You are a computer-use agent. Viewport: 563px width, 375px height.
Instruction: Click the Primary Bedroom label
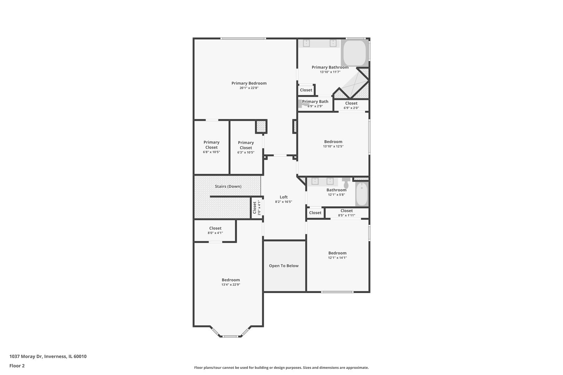(x=249, y=83)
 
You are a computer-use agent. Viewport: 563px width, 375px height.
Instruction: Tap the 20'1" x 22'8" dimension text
(x=249, y=88)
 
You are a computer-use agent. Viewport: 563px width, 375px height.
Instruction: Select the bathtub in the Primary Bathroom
(x=355, y=53)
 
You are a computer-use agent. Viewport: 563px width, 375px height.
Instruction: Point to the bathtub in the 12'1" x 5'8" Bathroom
(x=362, y=194)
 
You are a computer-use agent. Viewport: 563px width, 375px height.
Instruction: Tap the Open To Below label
(x=284, y=266)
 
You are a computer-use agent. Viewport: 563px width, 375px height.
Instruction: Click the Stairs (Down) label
(x=228, y=186)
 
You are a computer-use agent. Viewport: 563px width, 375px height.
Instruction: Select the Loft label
(x=284, y=197)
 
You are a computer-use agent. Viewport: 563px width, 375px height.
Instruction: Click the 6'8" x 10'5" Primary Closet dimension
(x=211, y=152)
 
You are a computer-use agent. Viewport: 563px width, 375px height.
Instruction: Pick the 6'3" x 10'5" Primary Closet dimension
(x=246, y=153)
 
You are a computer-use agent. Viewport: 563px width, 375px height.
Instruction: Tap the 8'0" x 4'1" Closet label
(x=215, y=228)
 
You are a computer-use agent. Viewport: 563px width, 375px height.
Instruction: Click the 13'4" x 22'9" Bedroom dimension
(x=231, y=285)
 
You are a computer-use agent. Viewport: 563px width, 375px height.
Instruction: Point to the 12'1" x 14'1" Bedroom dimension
(x=337, y=258)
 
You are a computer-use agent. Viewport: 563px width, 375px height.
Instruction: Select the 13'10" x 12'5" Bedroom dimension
(x=333, y=147)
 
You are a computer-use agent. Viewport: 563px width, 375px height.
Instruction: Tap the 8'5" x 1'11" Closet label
(x=346, y=211)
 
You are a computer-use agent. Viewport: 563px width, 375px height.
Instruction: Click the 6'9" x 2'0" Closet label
(x=351, y=103)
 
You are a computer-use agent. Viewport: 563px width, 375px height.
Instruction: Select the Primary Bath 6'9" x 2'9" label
(x=315, y=102)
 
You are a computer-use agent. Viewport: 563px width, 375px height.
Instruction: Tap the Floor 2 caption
(x=17, y=366)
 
